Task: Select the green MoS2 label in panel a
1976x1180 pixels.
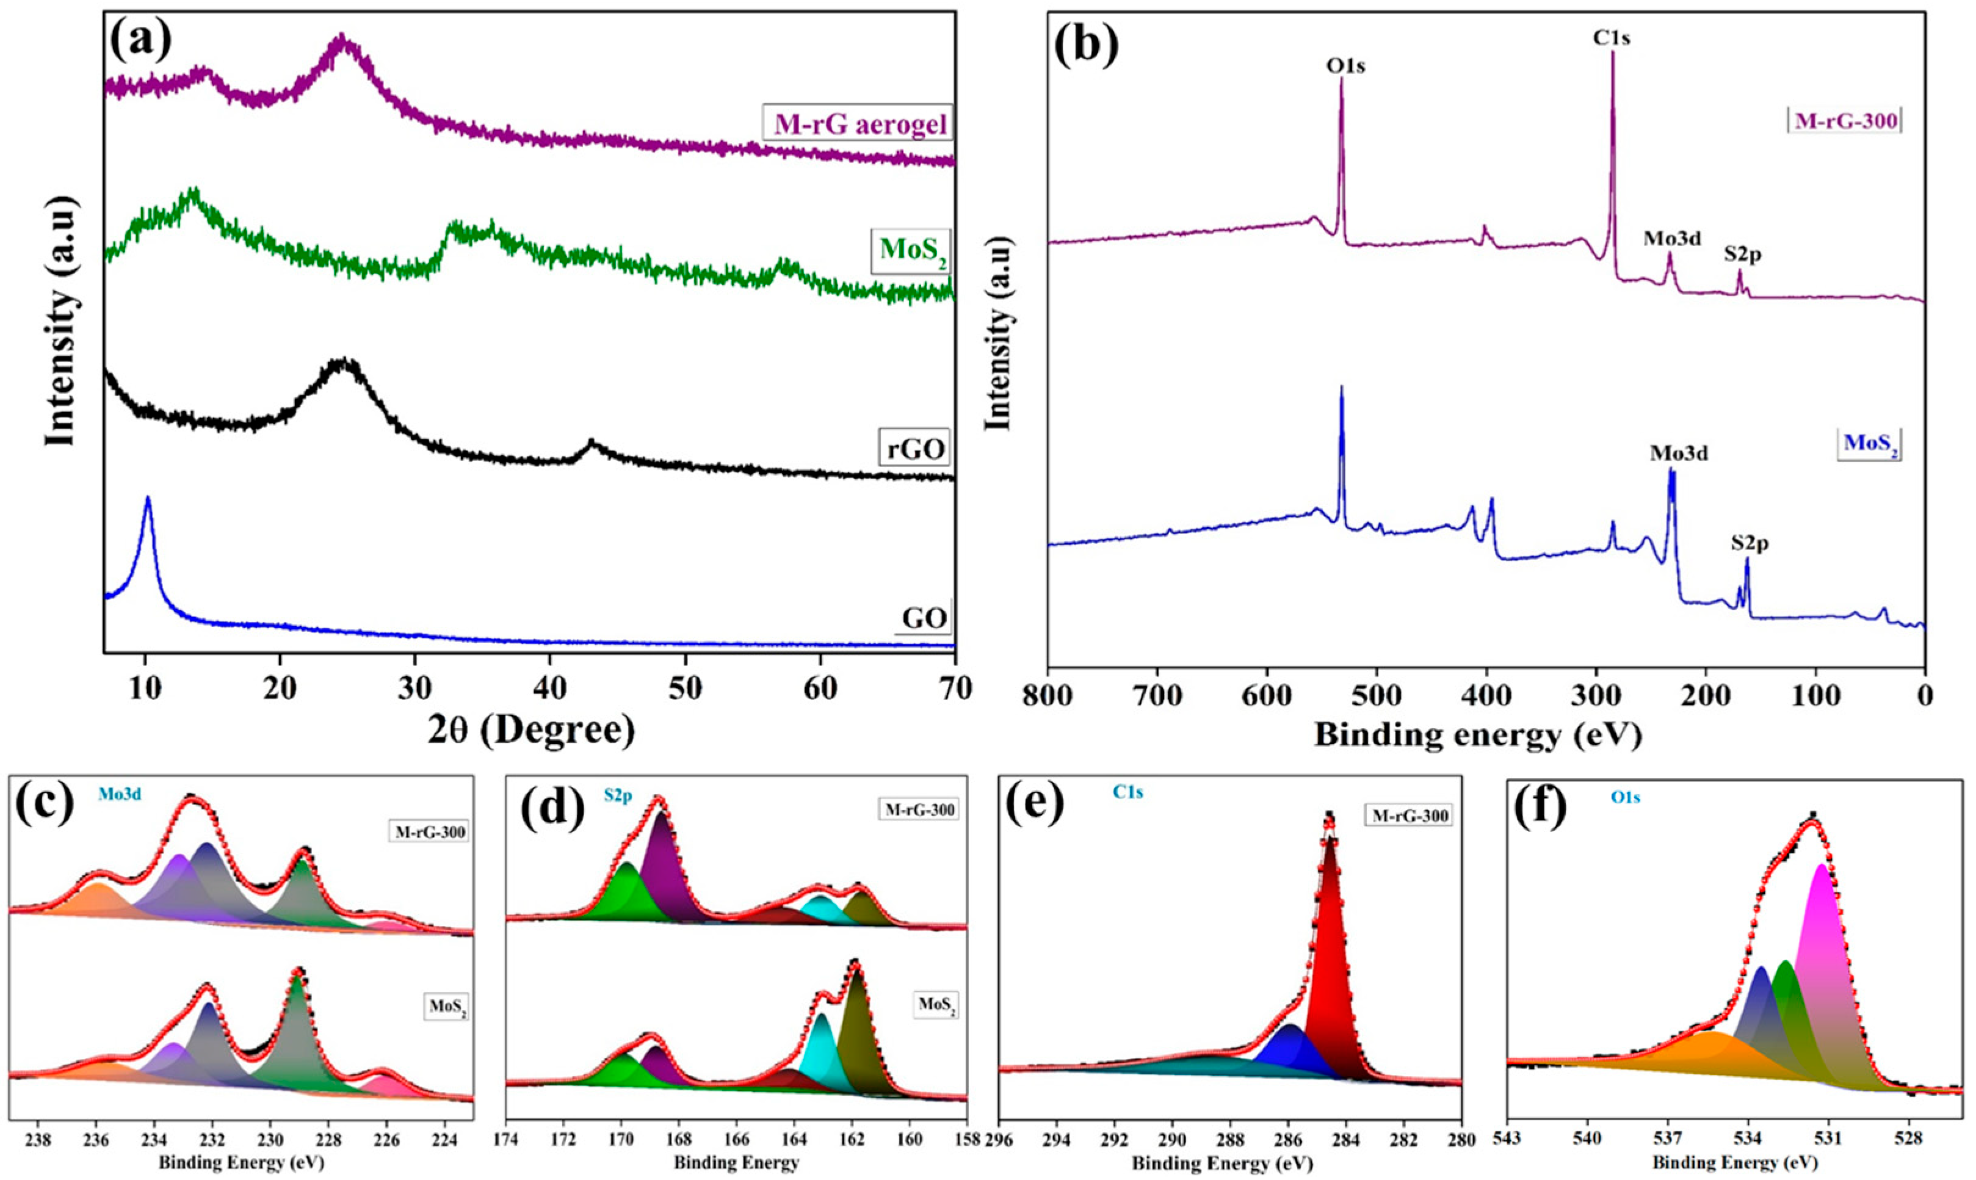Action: (x=913, y=250)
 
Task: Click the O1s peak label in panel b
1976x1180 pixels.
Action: (x=1345, y=65)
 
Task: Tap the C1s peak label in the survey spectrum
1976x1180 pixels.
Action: (x=1611, y=37)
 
